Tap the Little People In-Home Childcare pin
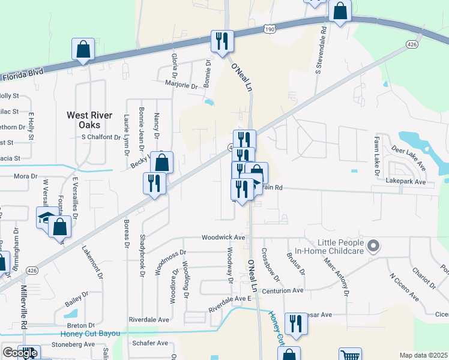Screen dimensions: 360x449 (x=373, y=245)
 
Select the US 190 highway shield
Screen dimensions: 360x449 (x=269, y=28)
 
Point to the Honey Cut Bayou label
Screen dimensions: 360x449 (x=90, y=334)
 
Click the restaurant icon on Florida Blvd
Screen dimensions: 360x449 (x=222, y=41)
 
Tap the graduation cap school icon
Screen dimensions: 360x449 (x=47, y=218)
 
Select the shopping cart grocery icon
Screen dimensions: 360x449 (x=350, y=356)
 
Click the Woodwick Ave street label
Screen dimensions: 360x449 (x=223, y=238)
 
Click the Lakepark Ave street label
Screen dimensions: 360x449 (x=406, y=181)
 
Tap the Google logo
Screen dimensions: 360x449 (x=19, y=352)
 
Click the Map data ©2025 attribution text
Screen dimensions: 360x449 (x=423, y=355)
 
